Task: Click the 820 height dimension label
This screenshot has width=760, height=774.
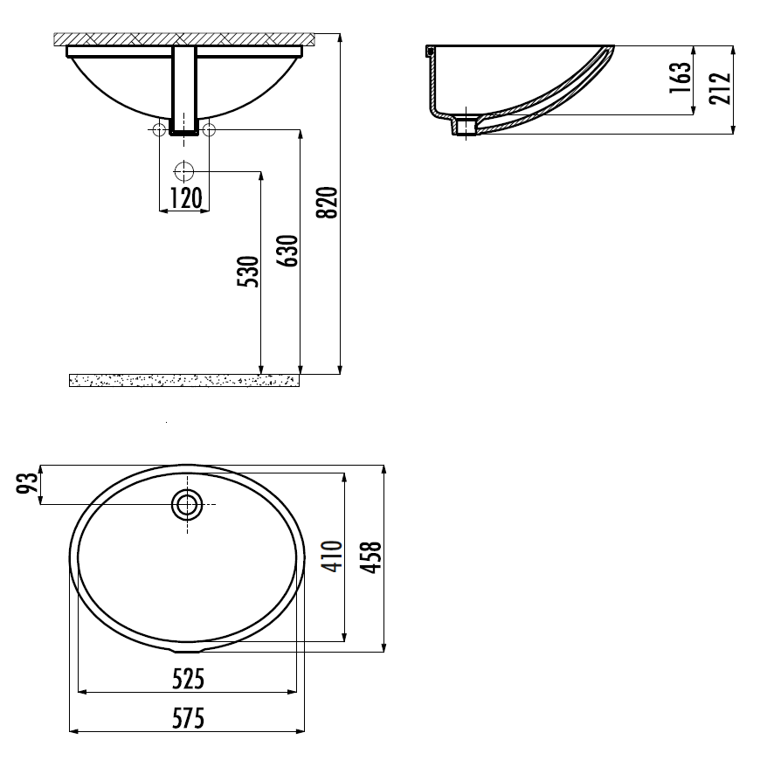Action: (x=327, y=203)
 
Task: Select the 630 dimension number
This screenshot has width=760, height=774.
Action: (x=287, y=251)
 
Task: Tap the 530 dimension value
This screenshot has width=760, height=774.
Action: (x=248, y=271)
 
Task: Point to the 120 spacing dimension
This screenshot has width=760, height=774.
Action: (x=186, y=198)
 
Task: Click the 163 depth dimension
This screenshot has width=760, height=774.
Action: (x=680, y=78)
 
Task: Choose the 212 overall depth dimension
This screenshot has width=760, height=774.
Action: (x=720, y=88)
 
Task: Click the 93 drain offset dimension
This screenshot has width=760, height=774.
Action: (x=27, y=483)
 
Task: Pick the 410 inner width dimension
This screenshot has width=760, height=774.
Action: (x=332, y=556)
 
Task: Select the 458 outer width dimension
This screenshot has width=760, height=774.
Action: (x=371, y=557)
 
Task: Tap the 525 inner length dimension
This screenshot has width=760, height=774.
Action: (x=188, y=680)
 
